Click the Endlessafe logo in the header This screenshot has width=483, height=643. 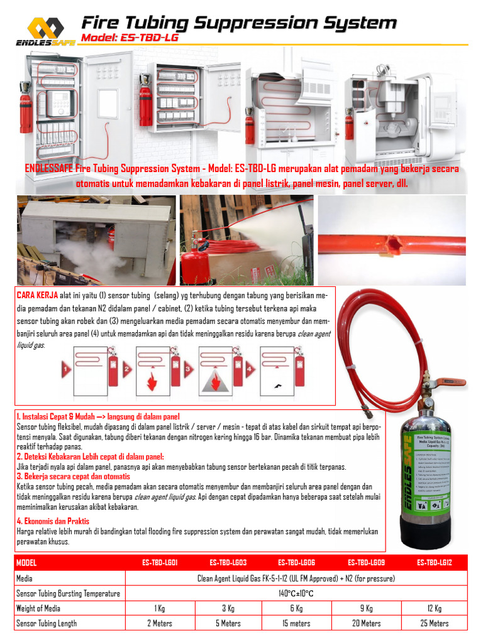pyautogui.click(x=45, y=31)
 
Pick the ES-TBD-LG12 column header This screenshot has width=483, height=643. pyautogui.click(x=434, y=562)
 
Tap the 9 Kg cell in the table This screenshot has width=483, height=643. pyautogui.click(x=367, y=608)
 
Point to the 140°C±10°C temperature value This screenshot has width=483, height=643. pyautogui.click(x=296, y=593)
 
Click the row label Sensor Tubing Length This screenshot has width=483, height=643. pyautogui.click(x=47, y=624)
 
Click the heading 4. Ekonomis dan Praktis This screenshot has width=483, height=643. pyautogui.click(x=53, y=521)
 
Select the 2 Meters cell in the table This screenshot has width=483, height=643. pyautogui.click(x=159, y=624)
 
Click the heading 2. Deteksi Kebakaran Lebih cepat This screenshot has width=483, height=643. pyautogui.click(x=90, y=457)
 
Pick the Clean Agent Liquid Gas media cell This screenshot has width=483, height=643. pyautogui.click(x=296, y=578)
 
